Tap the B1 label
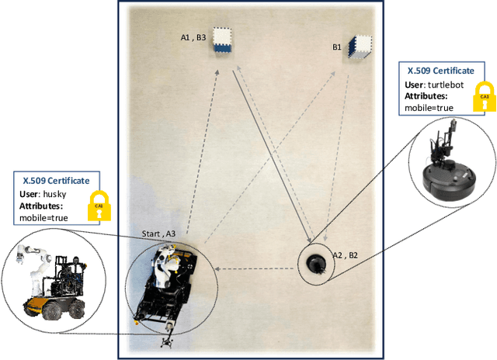coord(337,47)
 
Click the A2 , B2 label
coord(345,254)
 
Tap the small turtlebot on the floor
coord(315,263)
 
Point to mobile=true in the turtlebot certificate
coord(429,108)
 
